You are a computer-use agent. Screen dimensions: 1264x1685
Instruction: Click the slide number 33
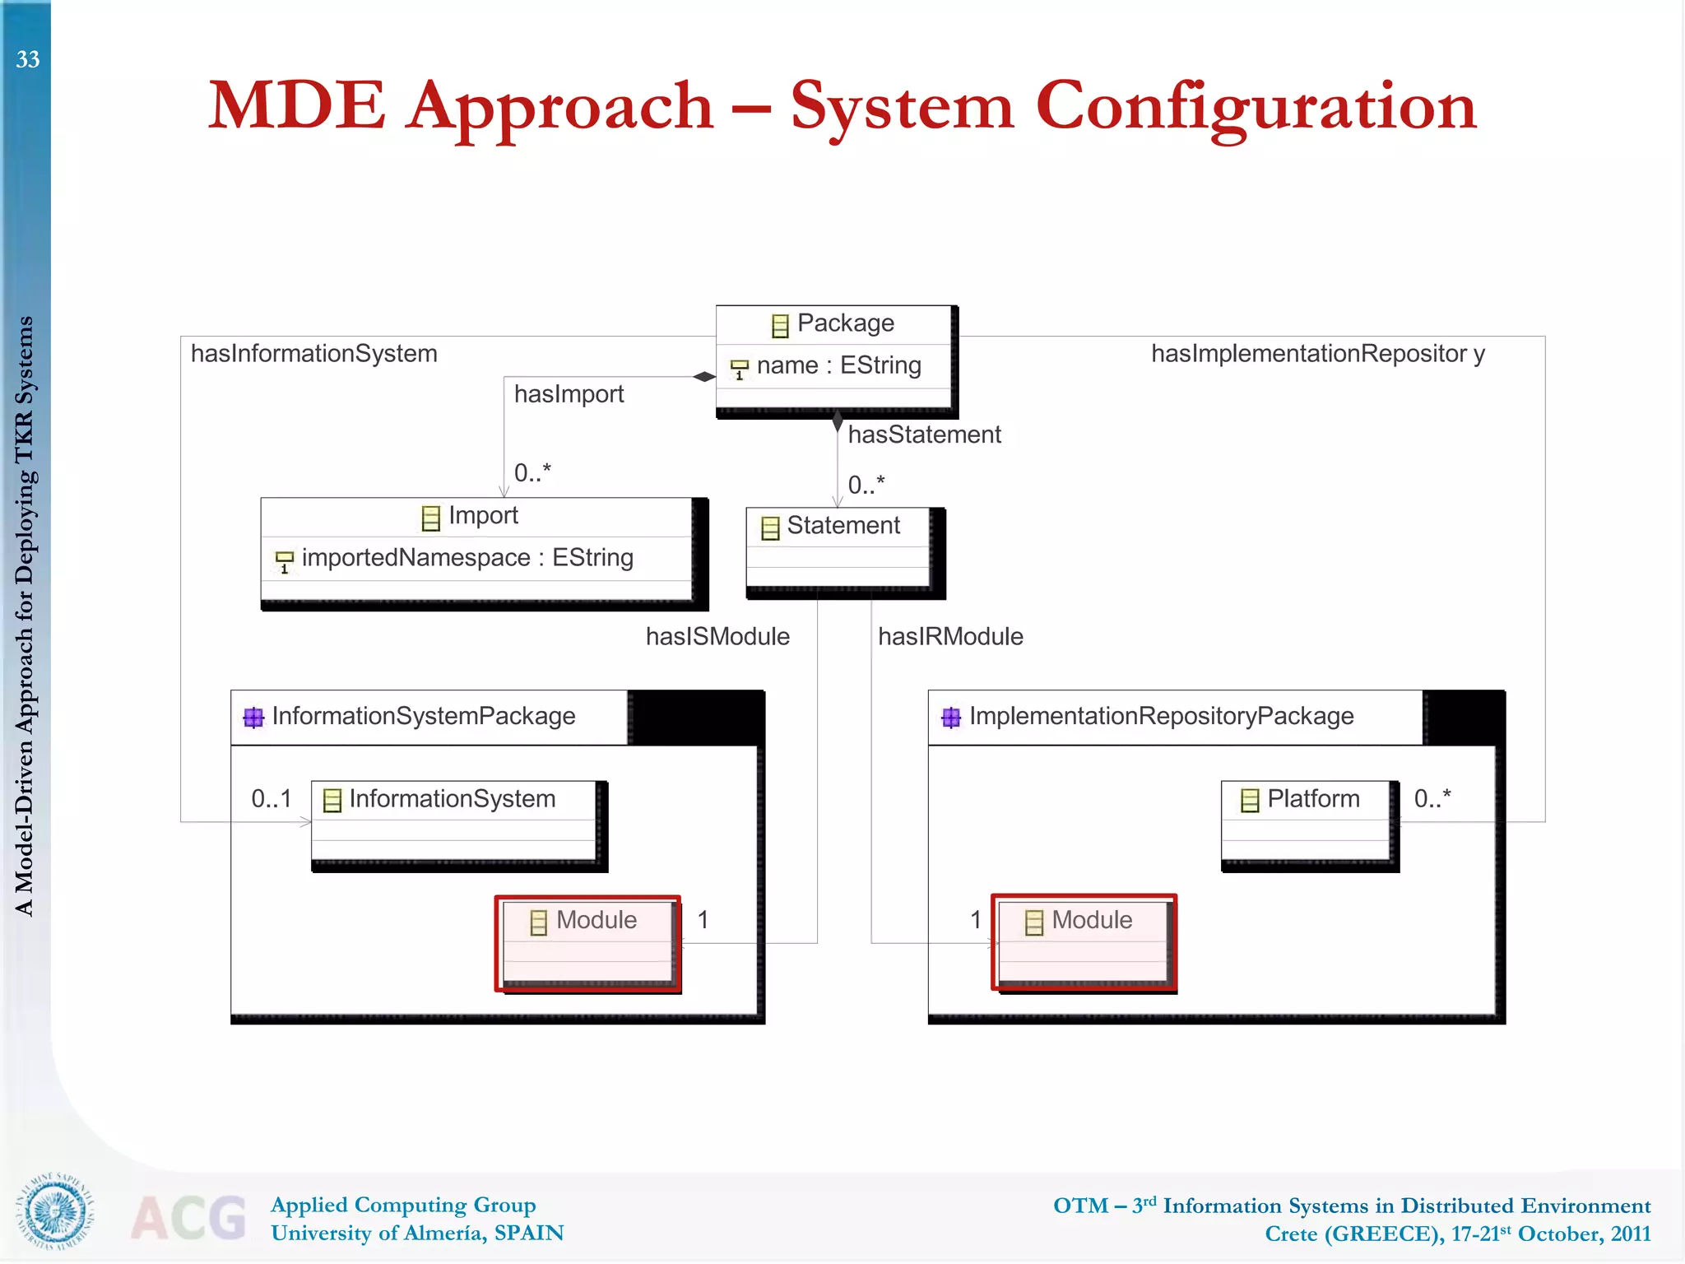(x=28, y=59)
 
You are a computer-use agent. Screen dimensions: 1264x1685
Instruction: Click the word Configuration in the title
(x=1256, y=107)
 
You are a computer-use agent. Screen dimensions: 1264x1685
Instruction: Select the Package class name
(x=845, y=323)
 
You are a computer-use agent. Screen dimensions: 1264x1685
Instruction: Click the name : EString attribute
(x=838, y=365)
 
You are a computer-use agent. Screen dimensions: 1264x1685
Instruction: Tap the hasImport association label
(x=569, y=394)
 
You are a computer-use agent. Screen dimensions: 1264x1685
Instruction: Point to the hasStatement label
(x=924, y=434)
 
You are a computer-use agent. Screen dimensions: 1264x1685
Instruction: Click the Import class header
(x=482, y=516)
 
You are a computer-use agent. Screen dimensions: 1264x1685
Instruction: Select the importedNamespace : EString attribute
(x=467, y=558)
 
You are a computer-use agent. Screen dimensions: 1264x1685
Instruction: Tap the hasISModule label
(x=717, y=636)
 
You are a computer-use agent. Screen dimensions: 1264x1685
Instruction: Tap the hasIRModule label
(x=950, y=636)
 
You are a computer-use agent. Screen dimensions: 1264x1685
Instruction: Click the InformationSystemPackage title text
(x=423, y=716)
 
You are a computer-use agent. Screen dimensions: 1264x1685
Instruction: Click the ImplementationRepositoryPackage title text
(x=1160, y=716)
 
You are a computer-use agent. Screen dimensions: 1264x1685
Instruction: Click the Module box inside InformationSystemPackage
(x=587, y=941)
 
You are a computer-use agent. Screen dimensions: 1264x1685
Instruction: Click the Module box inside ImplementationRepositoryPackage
(x=1084, y=941)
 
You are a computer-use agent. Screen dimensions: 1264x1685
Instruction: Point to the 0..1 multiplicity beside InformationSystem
(x=271, y=799)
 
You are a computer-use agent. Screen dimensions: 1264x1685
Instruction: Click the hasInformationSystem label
(x=313, y=354)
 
